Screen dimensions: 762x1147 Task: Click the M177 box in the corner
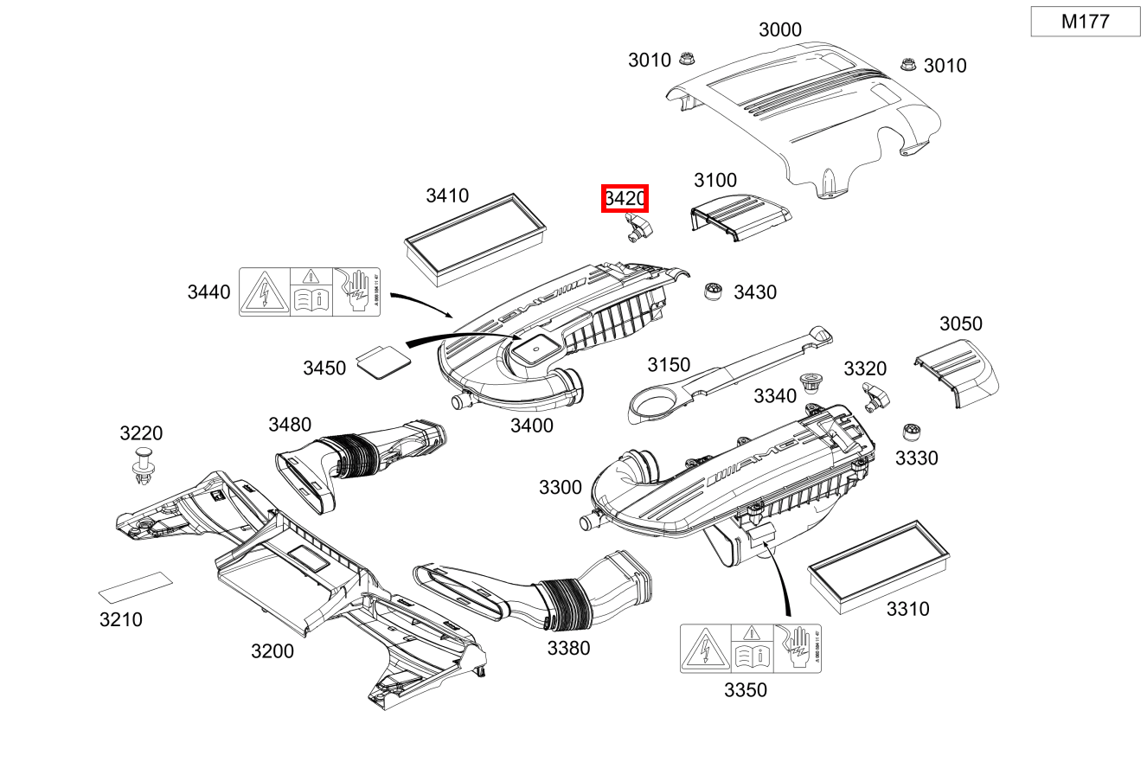(x=1085, y=22)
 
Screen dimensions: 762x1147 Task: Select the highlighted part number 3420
(x=625, y=199)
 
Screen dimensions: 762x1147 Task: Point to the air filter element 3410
(x=476, y=240)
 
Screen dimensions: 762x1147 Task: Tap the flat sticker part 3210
(x=134, y=588)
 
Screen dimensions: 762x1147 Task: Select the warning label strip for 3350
(x=750, y=649)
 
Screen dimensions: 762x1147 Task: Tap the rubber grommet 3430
(x=713, y=291)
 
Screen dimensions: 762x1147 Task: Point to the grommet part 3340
(x=811, y=382)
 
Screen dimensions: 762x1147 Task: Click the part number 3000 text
(x=779, y=29)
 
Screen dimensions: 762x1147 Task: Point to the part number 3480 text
(x=289, y=424)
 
